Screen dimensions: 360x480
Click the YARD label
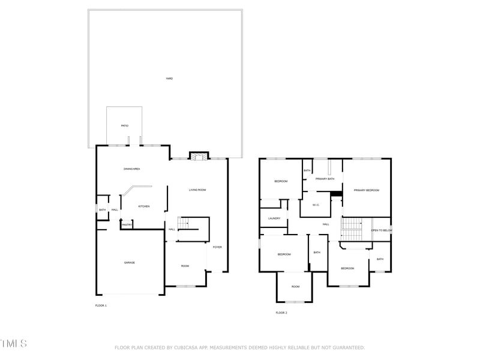click(x=169, y=79)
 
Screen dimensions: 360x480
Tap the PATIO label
click(x=124, y=125)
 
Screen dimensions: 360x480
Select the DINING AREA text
click(x=132, y=169)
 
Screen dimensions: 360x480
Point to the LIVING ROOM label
click(x=197, y=190)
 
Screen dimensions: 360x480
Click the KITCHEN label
click(x=144, y=206)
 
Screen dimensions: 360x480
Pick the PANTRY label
click(x=127, y=224)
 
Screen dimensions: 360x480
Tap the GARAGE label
click(x=129, y=263)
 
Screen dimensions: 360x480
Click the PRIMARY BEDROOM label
click(x=367, y=190)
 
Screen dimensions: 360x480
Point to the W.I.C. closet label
click(x=316, y=205)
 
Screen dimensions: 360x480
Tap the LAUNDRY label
click(x=274, y=218)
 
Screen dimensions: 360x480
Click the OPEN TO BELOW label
click(x=382, y=230)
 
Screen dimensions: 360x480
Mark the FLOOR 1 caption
click(x=101, y=306)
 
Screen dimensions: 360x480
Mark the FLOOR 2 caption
click(x=281, y=313)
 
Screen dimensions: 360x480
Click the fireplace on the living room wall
click(x=198, y=156)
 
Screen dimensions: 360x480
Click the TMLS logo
click(x=13, y=344)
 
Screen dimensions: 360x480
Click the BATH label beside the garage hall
click(x=103, y=209)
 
